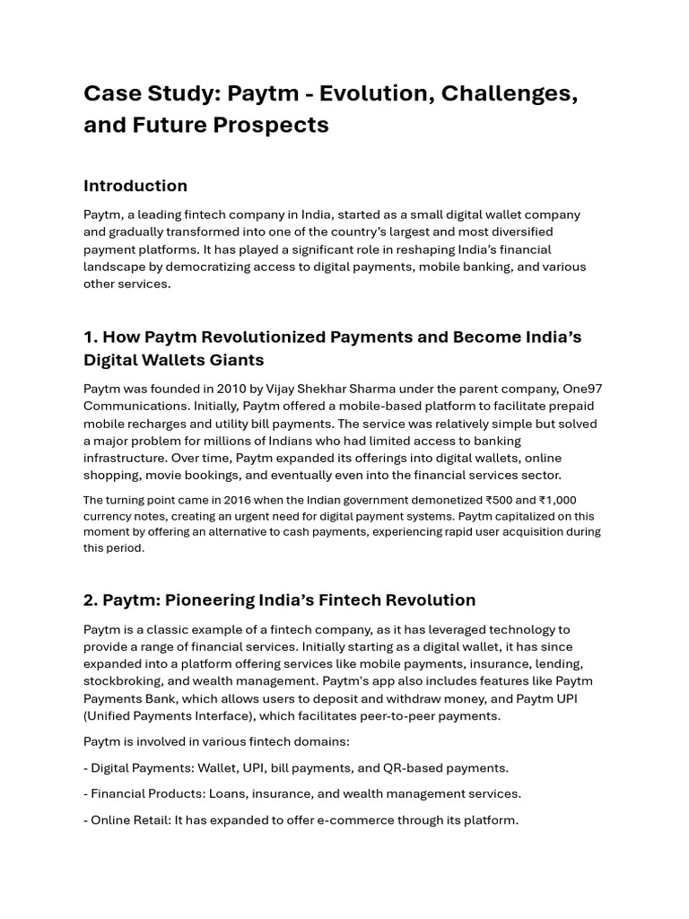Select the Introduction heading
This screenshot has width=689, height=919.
pos(135,186)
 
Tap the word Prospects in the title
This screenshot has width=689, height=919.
pos(272,125)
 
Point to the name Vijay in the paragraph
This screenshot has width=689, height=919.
pos(283,389)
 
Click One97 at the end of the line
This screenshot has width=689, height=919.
pos(582,389)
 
